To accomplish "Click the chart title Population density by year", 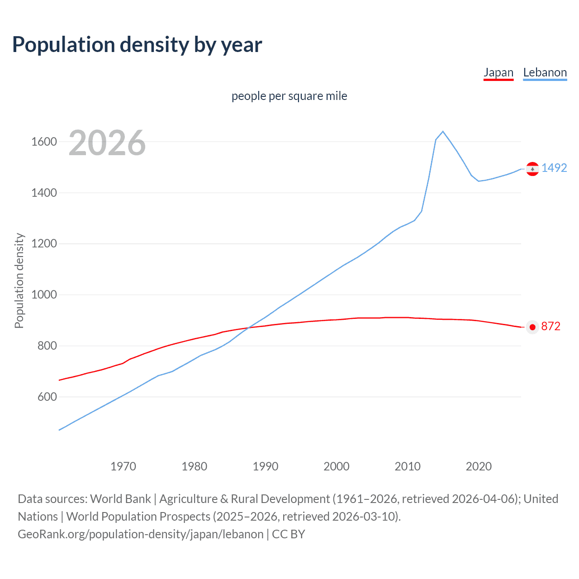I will coord(137,45).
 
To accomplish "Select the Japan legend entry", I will coord(498,72).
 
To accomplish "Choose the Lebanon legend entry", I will coord(545,72).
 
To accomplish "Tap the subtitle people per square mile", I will coord(289,96).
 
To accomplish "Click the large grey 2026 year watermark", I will coord(107,143).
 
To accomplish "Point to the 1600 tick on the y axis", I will coord(44,142).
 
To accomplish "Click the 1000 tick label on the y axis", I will coord(44,294).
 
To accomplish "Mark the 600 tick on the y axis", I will coord(47,397).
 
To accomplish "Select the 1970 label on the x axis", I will coord(123,466).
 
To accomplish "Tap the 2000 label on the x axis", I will coord(336,466).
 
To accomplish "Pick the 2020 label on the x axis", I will coord(479,466).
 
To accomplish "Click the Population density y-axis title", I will coord(19,280).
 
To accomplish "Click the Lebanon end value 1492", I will coord(554,168).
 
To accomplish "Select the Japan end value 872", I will coord(551,326).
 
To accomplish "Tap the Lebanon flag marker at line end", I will coord(532,169).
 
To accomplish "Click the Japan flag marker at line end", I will coord(532,327).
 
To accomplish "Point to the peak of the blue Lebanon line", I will coord(443,131).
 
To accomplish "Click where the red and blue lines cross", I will coord(250,327).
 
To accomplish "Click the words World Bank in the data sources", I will coord(120,498).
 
